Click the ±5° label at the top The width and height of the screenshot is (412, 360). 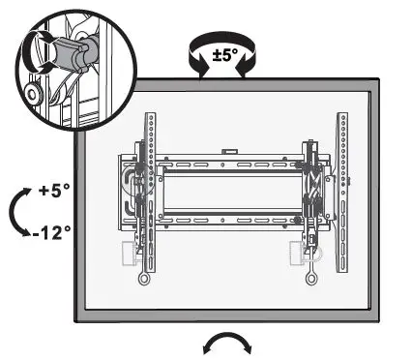tap(225, 54)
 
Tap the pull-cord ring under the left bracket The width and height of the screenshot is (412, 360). tap(144, 280)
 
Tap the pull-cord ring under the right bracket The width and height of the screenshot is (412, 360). tap(311, 280)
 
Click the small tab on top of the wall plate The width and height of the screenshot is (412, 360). tap(228, 151)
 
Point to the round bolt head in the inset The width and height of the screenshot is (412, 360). tap(33, 95)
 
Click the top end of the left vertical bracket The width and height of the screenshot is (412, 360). tap(149, 120)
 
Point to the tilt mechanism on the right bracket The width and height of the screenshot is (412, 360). tap(311, 194)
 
